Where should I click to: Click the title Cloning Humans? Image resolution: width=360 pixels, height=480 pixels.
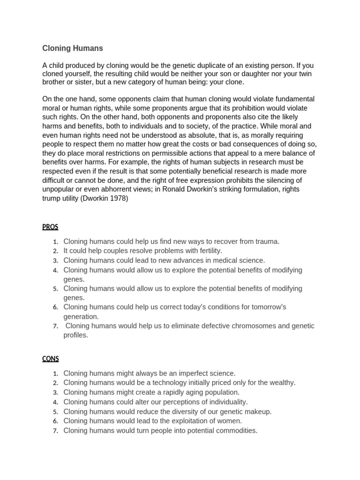73,48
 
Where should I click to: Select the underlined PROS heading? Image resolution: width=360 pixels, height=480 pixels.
50,227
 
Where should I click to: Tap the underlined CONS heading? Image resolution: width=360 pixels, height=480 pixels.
51,359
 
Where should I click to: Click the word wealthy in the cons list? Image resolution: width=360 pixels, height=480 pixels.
281,382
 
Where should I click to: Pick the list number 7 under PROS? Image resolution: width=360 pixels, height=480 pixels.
55,326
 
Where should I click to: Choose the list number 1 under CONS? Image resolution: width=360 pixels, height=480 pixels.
55,374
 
